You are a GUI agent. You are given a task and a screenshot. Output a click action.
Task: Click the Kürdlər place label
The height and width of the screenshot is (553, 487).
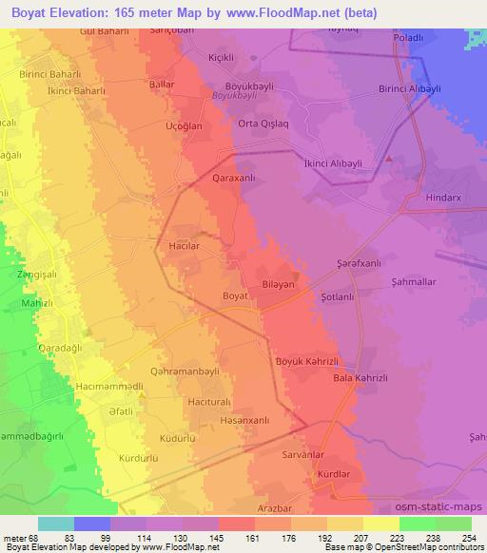click(332, 473)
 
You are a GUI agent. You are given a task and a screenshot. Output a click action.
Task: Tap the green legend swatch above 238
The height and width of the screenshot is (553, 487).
click(417, 524)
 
